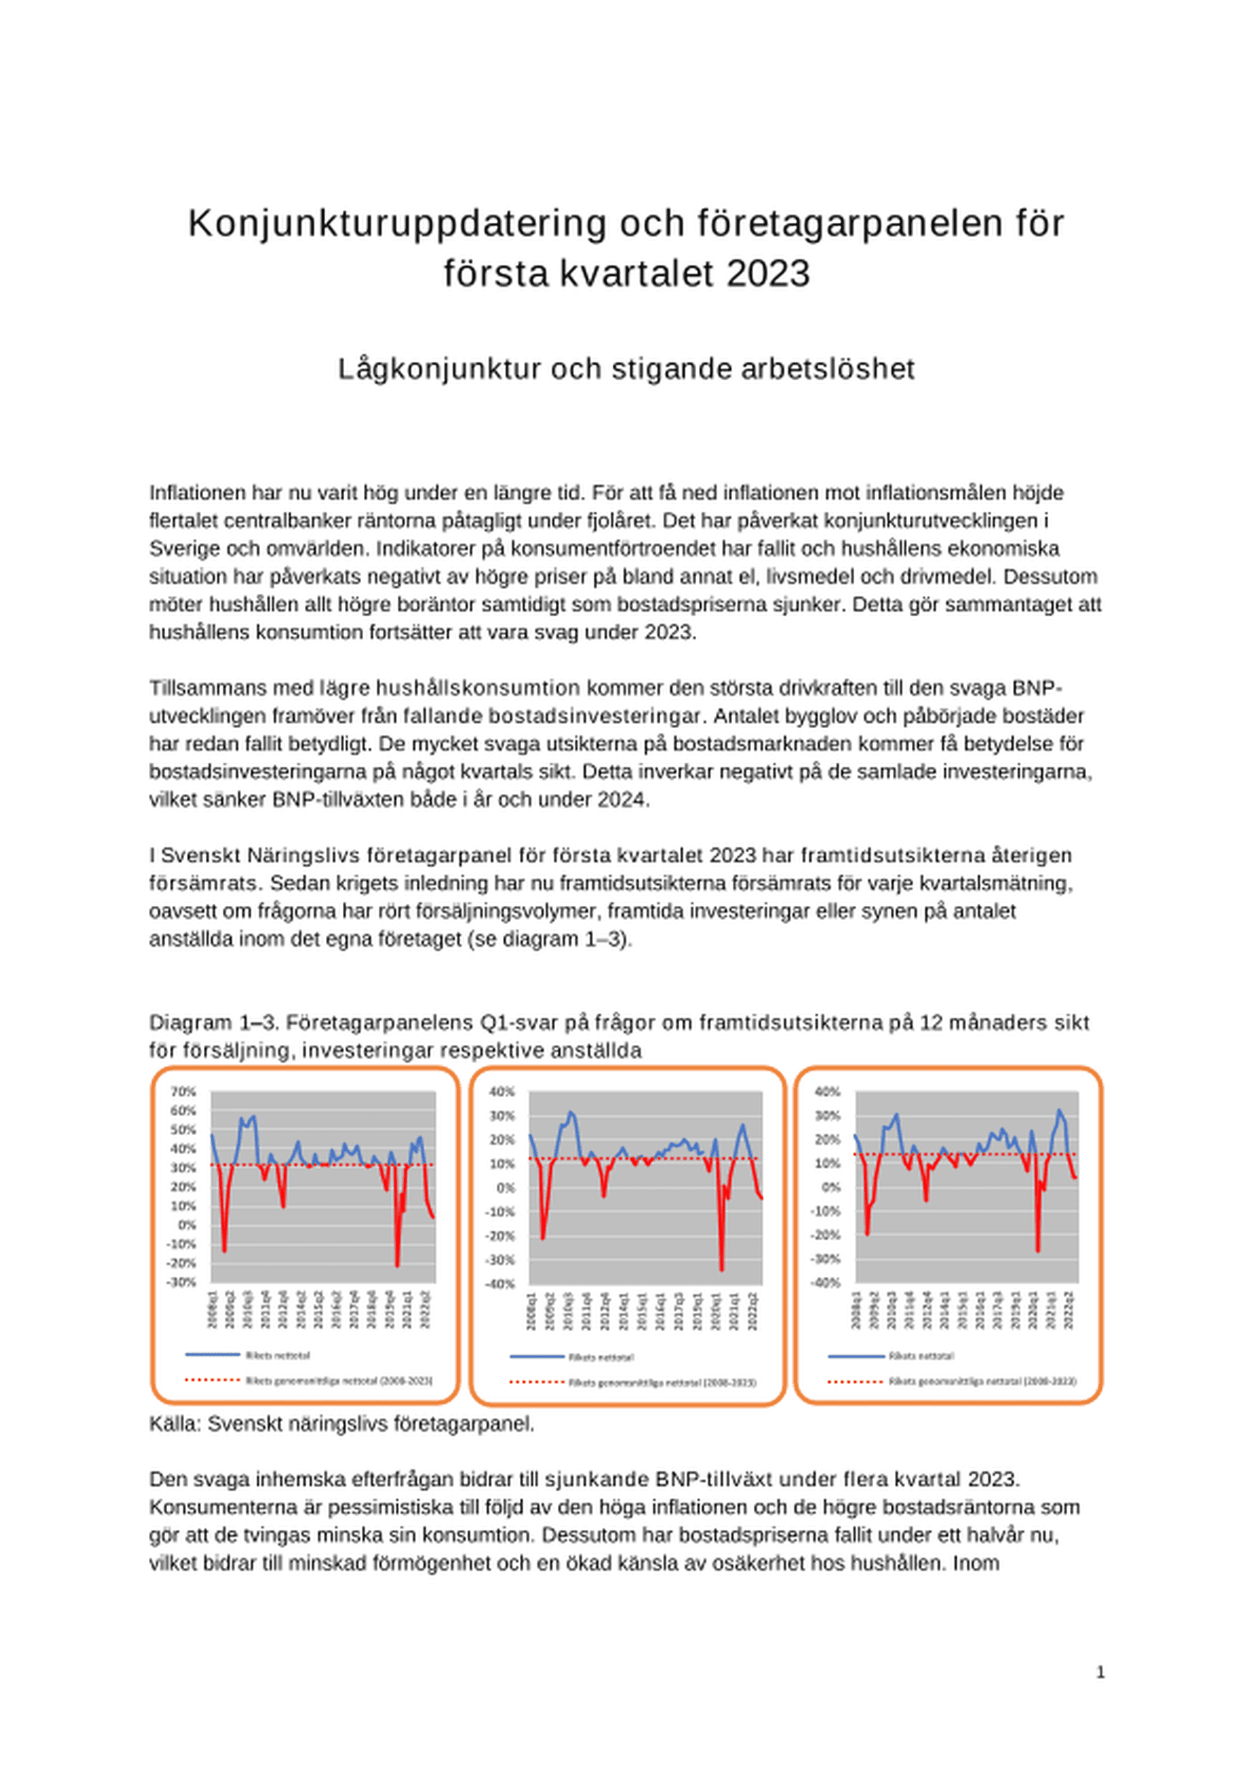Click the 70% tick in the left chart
coord(183,1091)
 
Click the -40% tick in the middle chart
coord(502,1284)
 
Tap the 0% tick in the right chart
coord(830,1187)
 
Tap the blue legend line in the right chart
coord(856,1356)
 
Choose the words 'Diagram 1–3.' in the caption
coord(214,1023)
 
